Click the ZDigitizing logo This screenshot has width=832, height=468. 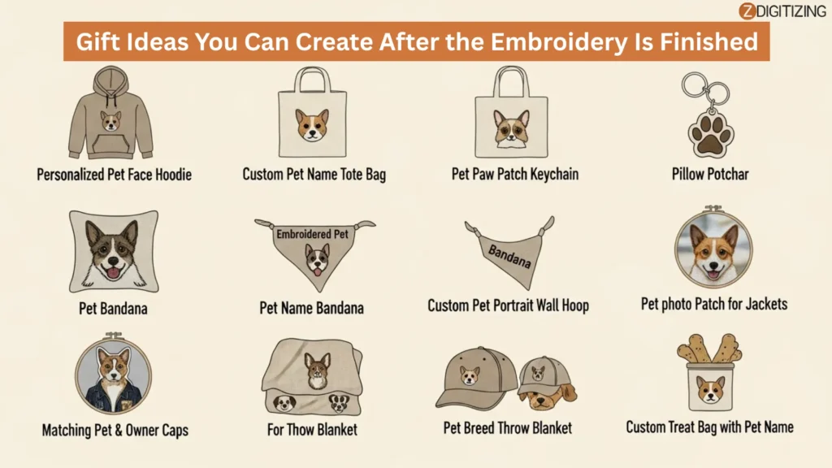(782, 11)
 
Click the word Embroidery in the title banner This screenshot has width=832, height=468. (559, 42)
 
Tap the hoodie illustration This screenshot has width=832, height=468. (110, 112)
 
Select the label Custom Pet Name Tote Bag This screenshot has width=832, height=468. (314, 174)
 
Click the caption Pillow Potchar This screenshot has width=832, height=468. (710, 174)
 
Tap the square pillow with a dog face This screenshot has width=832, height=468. (114, 251)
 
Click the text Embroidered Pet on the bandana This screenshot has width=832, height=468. (312, 234)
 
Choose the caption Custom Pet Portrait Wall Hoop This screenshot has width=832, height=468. (509, 305)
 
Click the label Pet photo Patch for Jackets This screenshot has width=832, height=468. (713, 304)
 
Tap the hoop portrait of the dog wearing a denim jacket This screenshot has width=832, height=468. (113, 374)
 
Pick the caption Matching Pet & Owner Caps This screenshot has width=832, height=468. (115, 430)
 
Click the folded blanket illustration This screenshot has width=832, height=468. (312, 377)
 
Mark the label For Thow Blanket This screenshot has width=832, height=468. (312, 429)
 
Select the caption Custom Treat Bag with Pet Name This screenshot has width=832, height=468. (709, 427)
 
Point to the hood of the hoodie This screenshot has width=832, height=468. (110, 80)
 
